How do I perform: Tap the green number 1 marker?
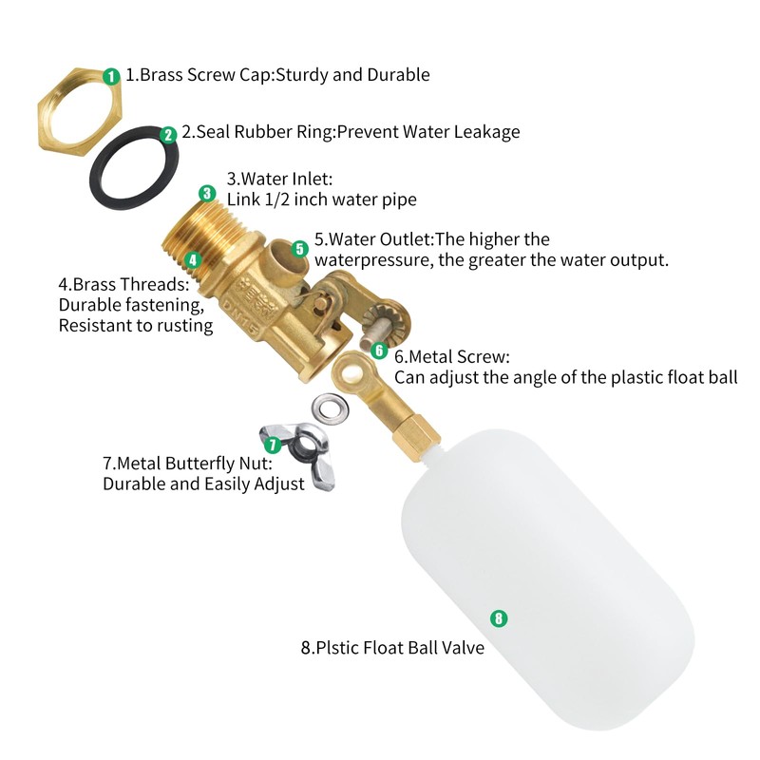pos(111,75)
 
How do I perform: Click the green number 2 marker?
pos(168,135)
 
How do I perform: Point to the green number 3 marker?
pos(208,193)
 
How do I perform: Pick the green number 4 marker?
pos(193,258)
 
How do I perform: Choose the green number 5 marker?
pos(299,249)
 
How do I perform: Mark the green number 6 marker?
pos(379,351)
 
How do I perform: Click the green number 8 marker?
pos(498,618)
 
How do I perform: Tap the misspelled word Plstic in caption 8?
pos(341,648)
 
